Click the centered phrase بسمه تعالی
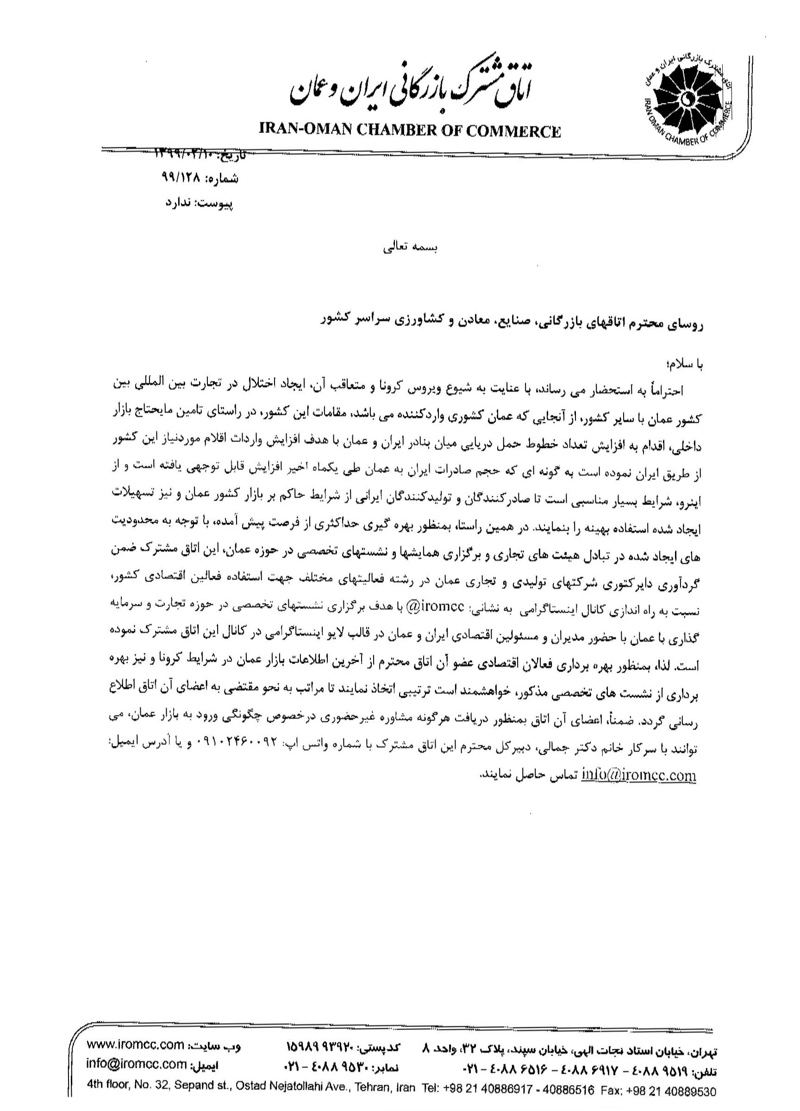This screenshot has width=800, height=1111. [411, 247]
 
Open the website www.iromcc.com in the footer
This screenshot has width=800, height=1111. [135, 1048]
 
